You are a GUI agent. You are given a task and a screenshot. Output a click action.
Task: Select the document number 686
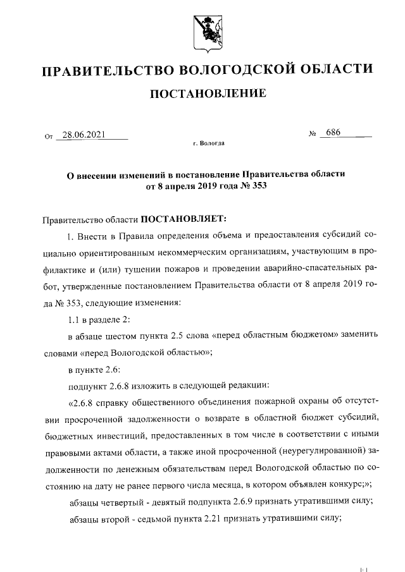point(330,133)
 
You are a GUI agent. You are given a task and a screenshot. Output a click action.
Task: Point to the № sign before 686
point(312,134)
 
